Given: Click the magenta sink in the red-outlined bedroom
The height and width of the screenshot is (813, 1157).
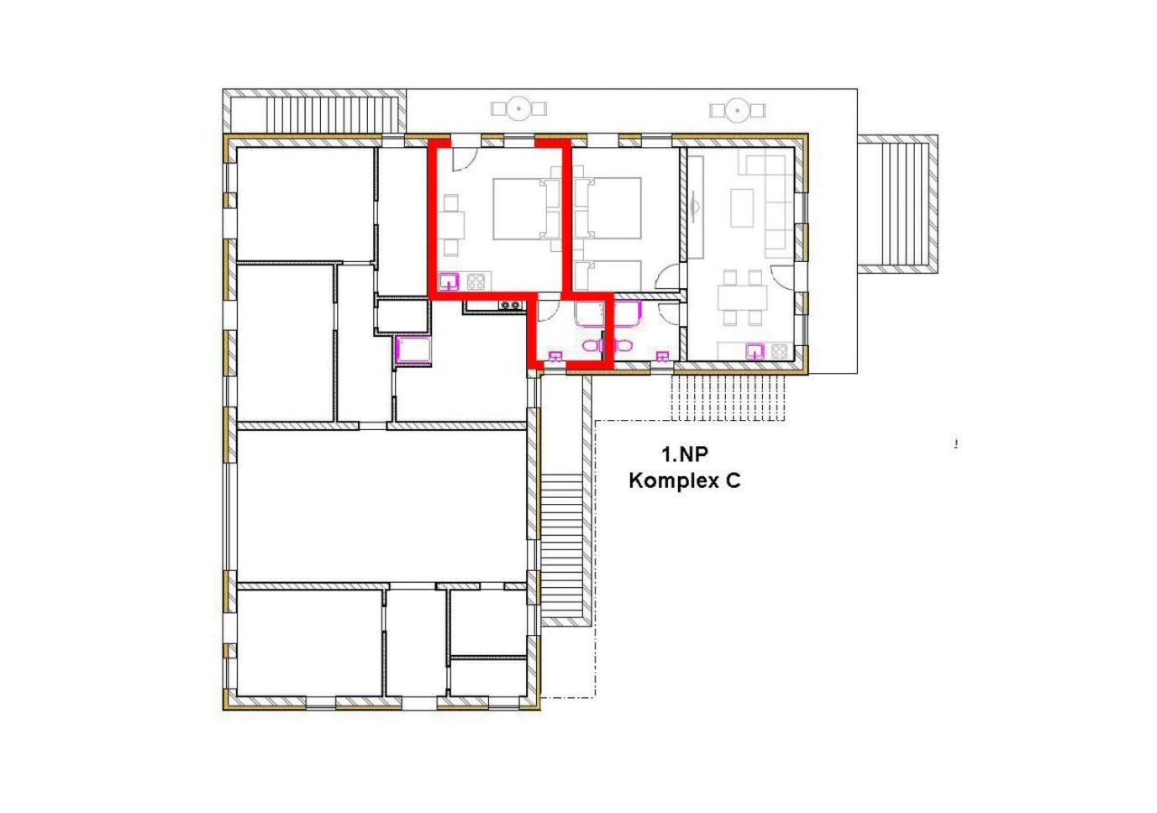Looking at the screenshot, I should [449, 279].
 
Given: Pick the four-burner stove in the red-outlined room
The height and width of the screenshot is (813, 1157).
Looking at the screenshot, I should [476, 280].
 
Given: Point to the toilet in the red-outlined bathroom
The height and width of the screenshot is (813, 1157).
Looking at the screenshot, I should [590, 346].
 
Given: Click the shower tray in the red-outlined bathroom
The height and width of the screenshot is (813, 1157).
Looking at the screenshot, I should [589, 313].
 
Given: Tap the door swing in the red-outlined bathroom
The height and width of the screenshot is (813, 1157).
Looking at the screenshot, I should [546, 311].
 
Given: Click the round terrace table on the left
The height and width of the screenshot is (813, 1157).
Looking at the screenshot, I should [519, 109].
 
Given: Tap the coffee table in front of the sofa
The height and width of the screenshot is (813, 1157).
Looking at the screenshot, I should [742, 207].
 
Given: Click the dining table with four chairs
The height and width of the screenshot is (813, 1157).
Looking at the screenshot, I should [742, 297].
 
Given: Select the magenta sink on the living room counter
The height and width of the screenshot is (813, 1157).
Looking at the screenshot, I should [754, 350].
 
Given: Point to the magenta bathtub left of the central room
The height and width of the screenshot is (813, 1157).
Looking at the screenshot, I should [414, 350].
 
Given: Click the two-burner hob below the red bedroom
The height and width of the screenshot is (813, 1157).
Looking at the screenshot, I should [512, 305].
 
